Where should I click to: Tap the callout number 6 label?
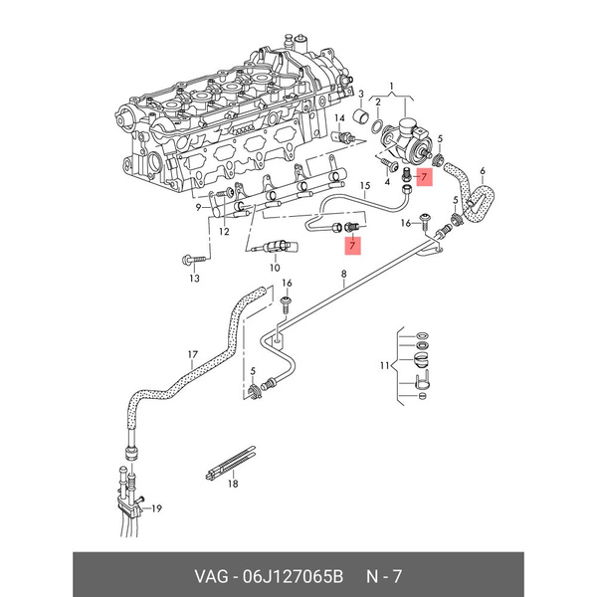coord(482,170)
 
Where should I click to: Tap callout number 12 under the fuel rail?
coord(224,233)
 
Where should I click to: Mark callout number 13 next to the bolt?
coord(194,280)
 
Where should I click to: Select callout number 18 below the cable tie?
coord(233,485)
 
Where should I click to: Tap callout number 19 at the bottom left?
coord(156,508)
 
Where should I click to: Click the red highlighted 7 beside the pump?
coord(423,179)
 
